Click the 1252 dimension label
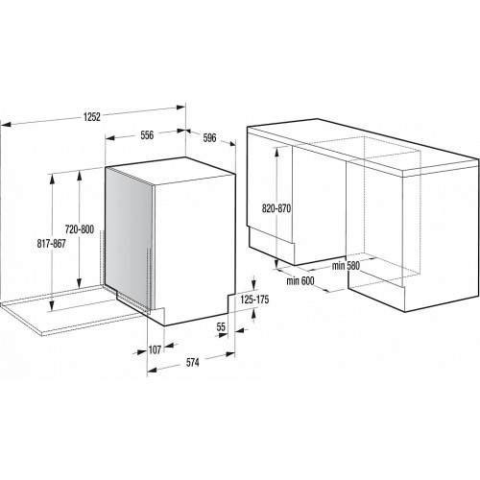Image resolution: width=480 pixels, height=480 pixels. pyautogui.click(x=92, y=117)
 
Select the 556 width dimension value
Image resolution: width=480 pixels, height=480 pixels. pyautogui.click(x=147, y=135)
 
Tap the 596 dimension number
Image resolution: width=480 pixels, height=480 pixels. pyautogui.click(x=209, y=137)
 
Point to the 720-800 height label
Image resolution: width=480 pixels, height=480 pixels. pyautogui.click(x=80, y=229)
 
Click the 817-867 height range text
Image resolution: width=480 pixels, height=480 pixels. pyautogui.click(x=51, y=244)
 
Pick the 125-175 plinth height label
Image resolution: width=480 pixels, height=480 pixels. pyautogui.click(x=254, y=300)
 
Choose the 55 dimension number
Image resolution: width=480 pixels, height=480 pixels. pyautogui.click(x=221, y=327)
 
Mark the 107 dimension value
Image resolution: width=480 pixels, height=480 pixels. pyautogui.click(x=155, y=349)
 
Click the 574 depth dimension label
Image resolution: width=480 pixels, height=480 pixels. pyautogui.click(x=192, y=363)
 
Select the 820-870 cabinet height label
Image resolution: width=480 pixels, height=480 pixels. pyautogui.click(x=276, y=208)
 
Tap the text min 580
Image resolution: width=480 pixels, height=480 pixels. pyautogui.click(x=346, y=266)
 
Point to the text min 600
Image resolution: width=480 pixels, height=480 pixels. pyautogui.click(x=300, y=281)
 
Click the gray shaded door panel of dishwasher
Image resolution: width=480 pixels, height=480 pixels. pyautogui.click(x=129, y=238)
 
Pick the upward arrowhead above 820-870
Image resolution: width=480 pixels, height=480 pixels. pyautogui.click(x=276, y=152)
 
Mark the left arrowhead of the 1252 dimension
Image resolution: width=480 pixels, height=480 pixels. pyautogui.click(x=7, y=124)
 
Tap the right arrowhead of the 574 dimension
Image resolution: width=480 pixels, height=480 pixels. pyautogui.click(x=229, y=354)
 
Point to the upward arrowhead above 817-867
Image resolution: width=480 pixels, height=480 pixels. pyautogui.click(x=52, y=180)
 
